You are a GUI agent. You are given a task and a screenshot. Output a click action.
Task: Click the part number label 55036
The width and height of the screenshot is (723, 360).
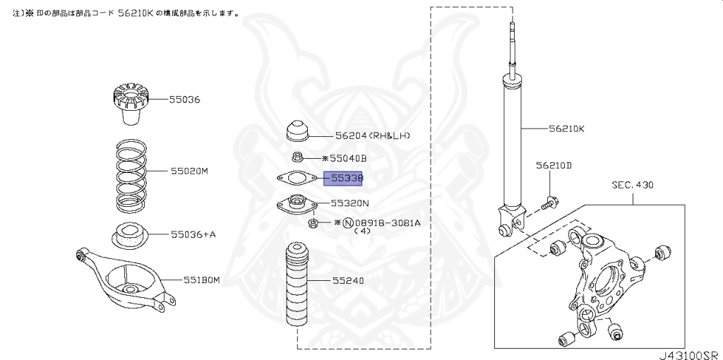coord(184,100)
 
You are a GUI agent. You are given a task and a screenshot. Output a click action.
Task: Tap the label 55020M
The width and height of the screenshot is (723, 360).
coord(190,171)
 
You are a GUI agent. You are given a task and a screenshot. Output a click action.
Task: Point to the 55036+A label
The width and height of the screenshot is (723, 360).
coord(192,234)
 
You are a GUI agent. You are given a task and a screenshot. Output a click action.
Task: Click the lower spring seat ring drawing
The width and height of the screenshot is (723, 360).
coord(129,234)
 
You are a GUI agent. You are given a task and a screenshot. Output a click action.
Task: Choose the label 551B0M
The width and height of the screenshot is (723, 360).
coord(201,280)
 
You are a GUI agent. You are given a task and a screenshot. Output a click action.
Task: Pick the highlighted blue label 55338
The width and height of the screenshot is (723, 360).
coord(343,179)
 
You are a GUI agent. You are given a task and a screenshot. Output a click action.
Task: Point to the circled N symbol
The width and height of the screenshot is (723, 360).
coord(347,222)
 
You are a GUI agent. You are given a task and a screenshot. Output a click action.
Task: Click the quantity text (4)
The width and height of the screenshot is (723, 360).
coord(362,231)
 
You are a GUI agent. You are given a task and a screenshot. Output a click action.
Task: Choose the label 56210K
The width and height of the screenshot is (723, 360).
coord(567,129)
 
